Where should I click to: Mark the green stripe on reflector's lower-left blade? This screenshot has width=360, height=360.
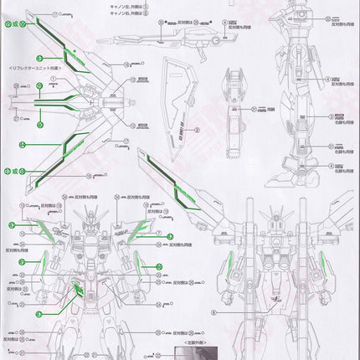(x=50, y=164)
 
